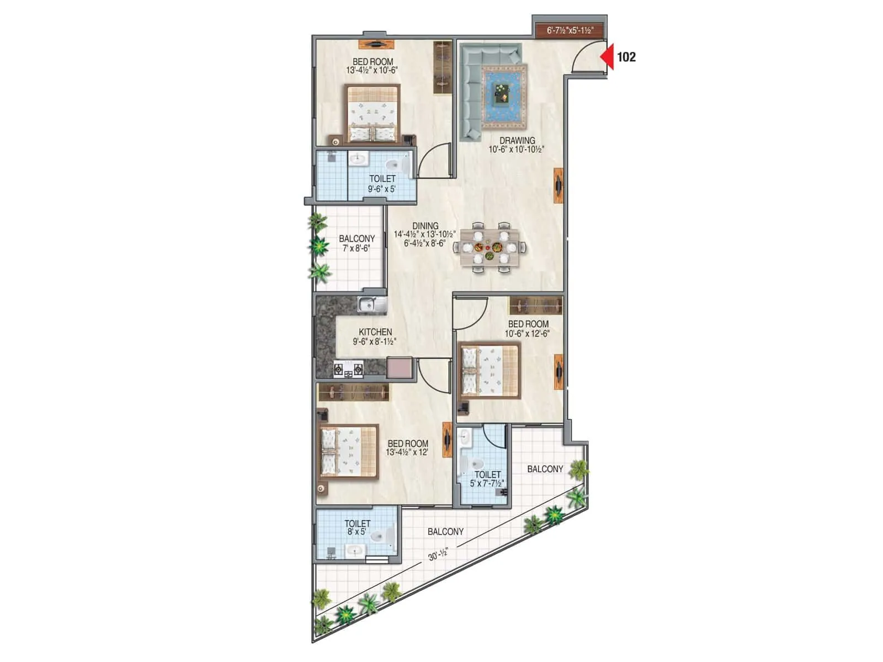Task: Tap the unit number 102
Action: (626, 56)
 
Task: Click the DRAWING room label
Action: (517, 141)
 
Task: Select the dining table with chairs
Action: (490, 247)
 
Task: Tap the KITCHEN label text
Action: (375, 332)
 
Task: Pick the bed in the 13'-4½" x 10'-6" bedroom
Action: (373, 114)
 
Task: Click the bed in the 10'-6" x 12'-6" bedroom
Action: (490, 371)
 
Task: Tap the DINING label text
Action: (425, 226)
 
